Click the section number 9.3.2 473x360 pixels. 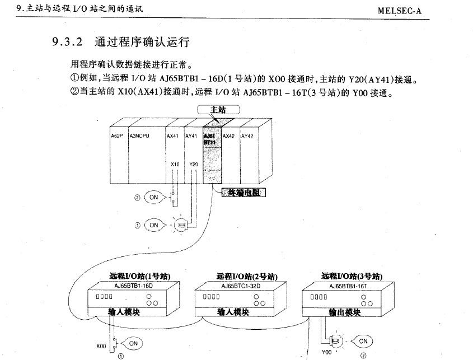(67, 42)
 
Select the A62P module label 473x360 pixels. (116, 135)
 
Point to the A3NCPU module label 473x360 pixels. (139, 135)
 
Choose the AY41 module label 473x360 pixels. (191, 135)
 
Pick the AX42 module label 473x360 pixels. (228, 135)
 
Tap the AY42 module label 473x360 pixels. (247, 135)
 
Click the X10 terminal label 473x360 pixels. (175, 164)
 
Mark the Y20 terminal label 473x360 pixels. (194, 164)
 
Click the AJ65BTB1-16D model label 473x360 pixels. (133, 285)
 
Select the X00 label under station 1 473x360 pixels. (101, 346)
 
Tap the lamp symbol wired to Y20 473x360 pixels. (180, 226)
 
